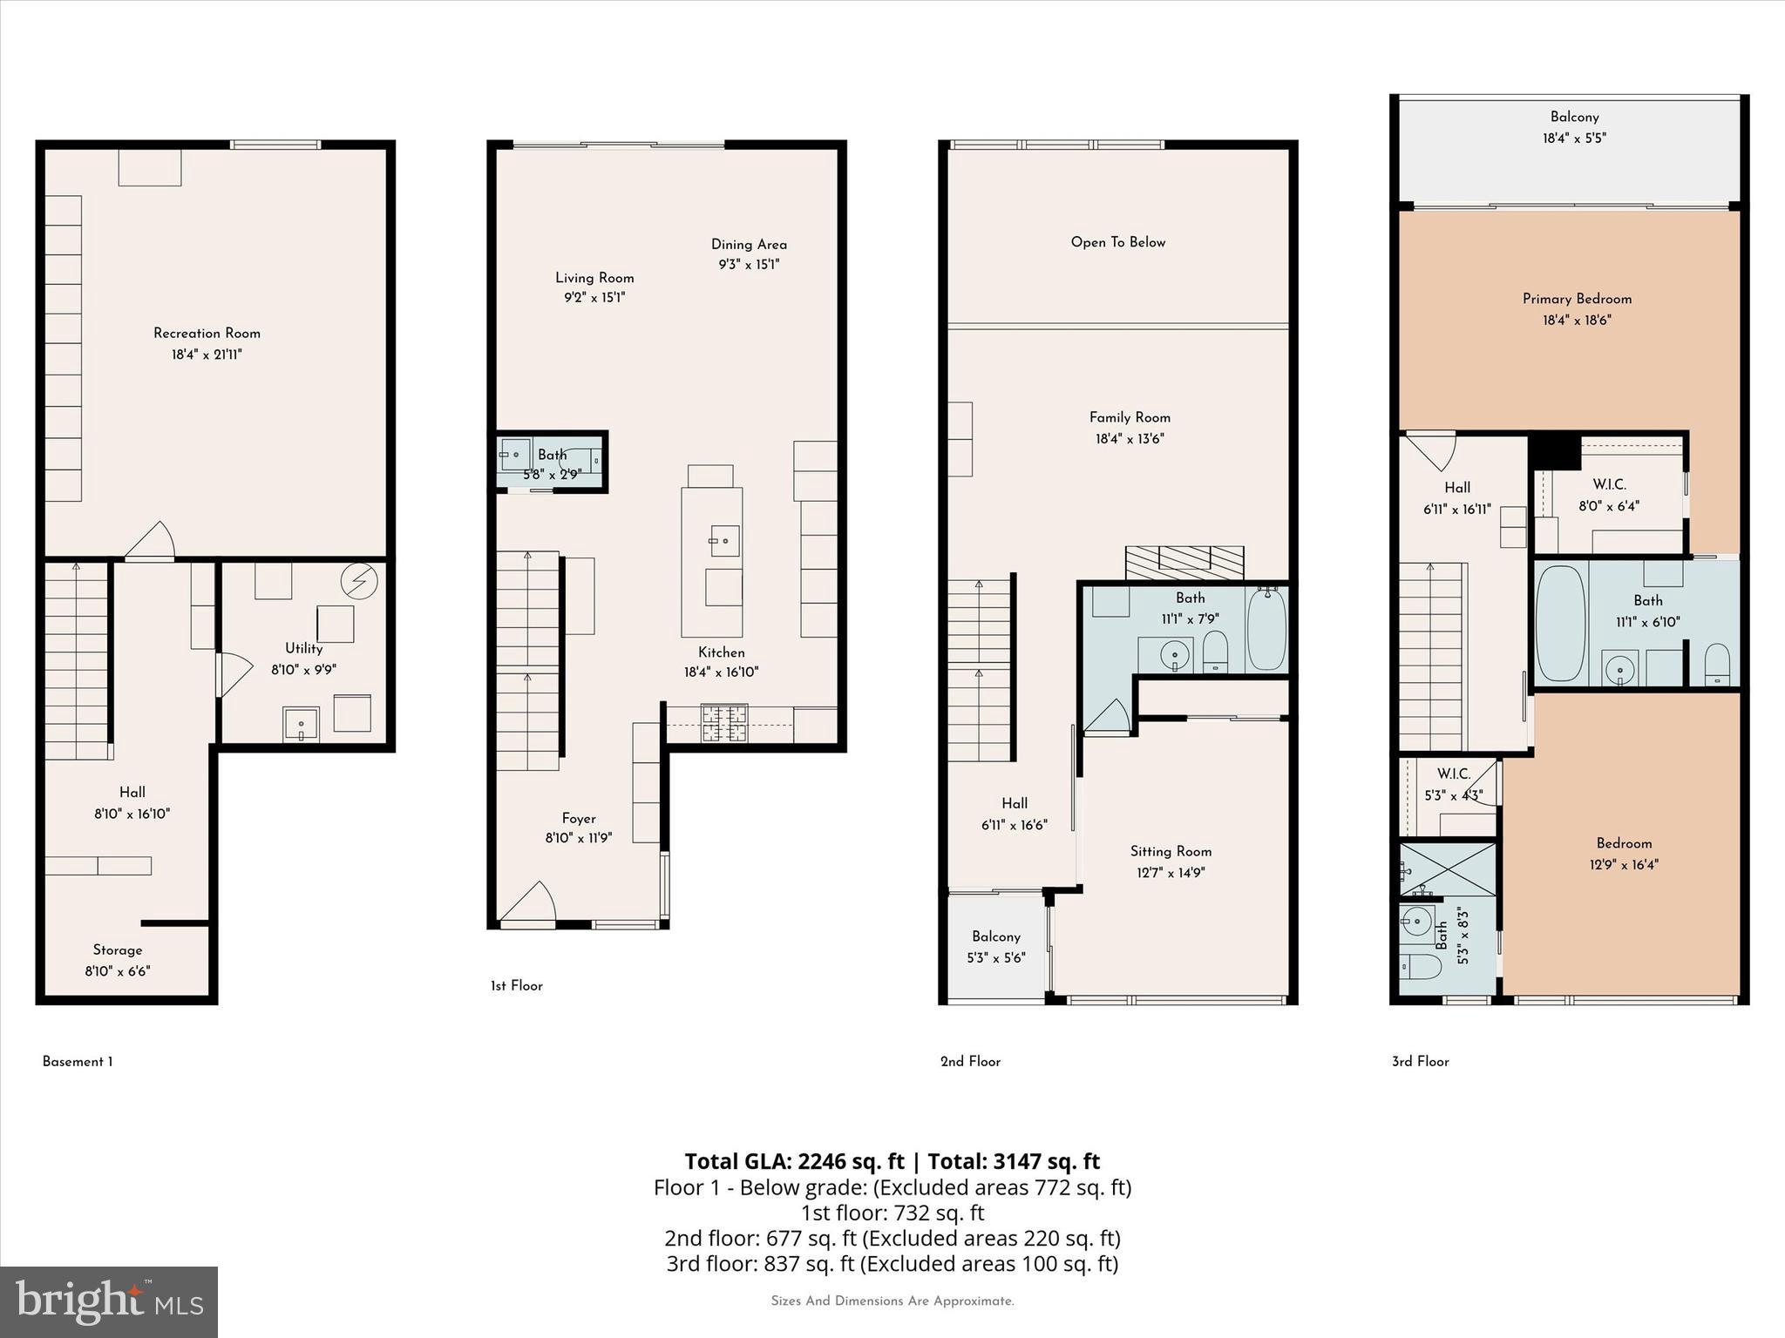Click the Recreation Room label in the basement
point(207,334)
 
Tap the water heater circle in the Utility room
point(358,580)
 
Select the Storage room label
point(118,950)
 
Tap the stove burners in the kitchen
point(725,723)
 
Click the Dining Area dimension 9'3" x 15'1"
point(749,265)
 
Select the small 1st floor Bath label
point(552,455)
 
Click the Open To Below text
point(1117,242)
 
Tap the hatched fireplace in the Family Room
point(1184,564)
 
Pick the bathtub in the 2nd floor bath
point(1266,629)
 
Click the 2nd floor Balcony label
point(996,936)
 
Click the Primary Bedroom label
point(1577,299)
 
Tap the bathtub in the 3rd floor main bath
point(1560,624)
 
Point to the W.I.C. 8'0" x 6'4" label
point(1609,494)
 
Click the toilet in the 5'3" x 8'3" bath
point(1418,967)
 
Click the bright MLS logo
point(108,1301)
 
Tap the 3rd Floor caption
point(1420,1061)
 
